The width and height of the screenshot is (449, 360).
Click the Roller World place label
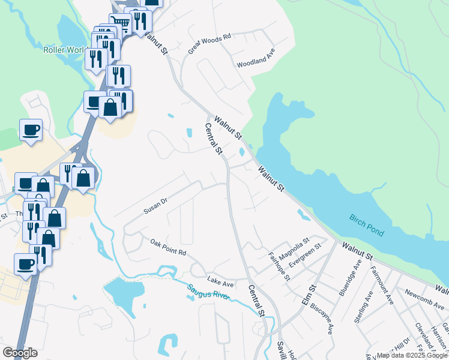[66, 50]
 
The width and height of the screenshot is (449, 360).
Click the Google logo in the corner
[20, 353]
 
